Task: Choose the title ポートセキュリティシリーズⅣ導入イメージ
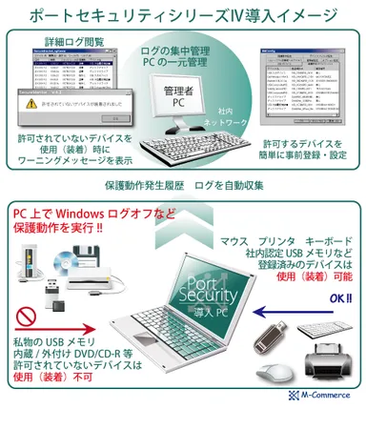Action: click(183, 14)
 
